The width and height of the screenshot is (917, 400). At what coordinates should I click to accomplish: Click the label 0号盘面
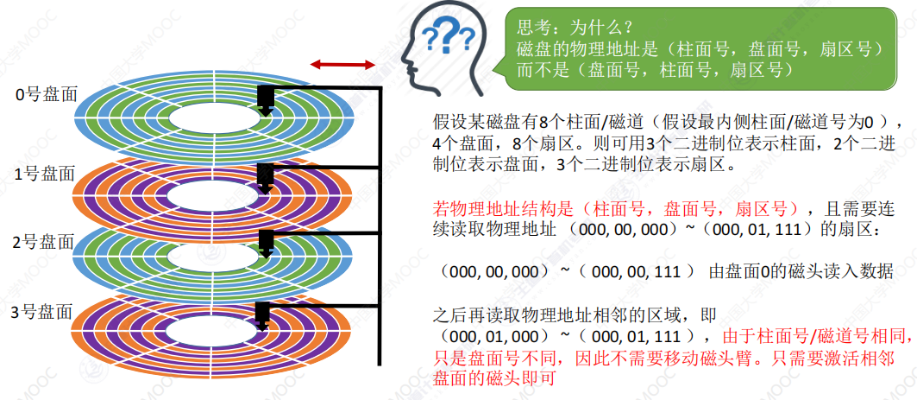[47, 95]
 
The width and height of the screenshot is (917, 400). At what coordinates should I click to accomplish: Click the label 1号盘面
[47, 174]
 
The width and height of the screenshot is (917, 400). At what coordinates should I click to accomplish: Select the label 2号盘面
[47, 242]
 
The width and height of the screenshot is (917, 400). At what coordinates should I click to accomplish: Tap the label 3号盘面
[47, 312]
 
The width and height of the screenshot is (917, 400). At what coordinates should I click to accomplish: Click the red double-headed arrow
[343, 65]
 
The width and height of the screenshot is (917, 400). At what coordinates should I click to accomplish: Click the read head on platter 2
[266, 244]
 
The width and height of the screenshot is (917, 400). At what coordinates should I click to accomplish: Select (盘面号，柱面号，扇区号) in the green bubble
[682, 70]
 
